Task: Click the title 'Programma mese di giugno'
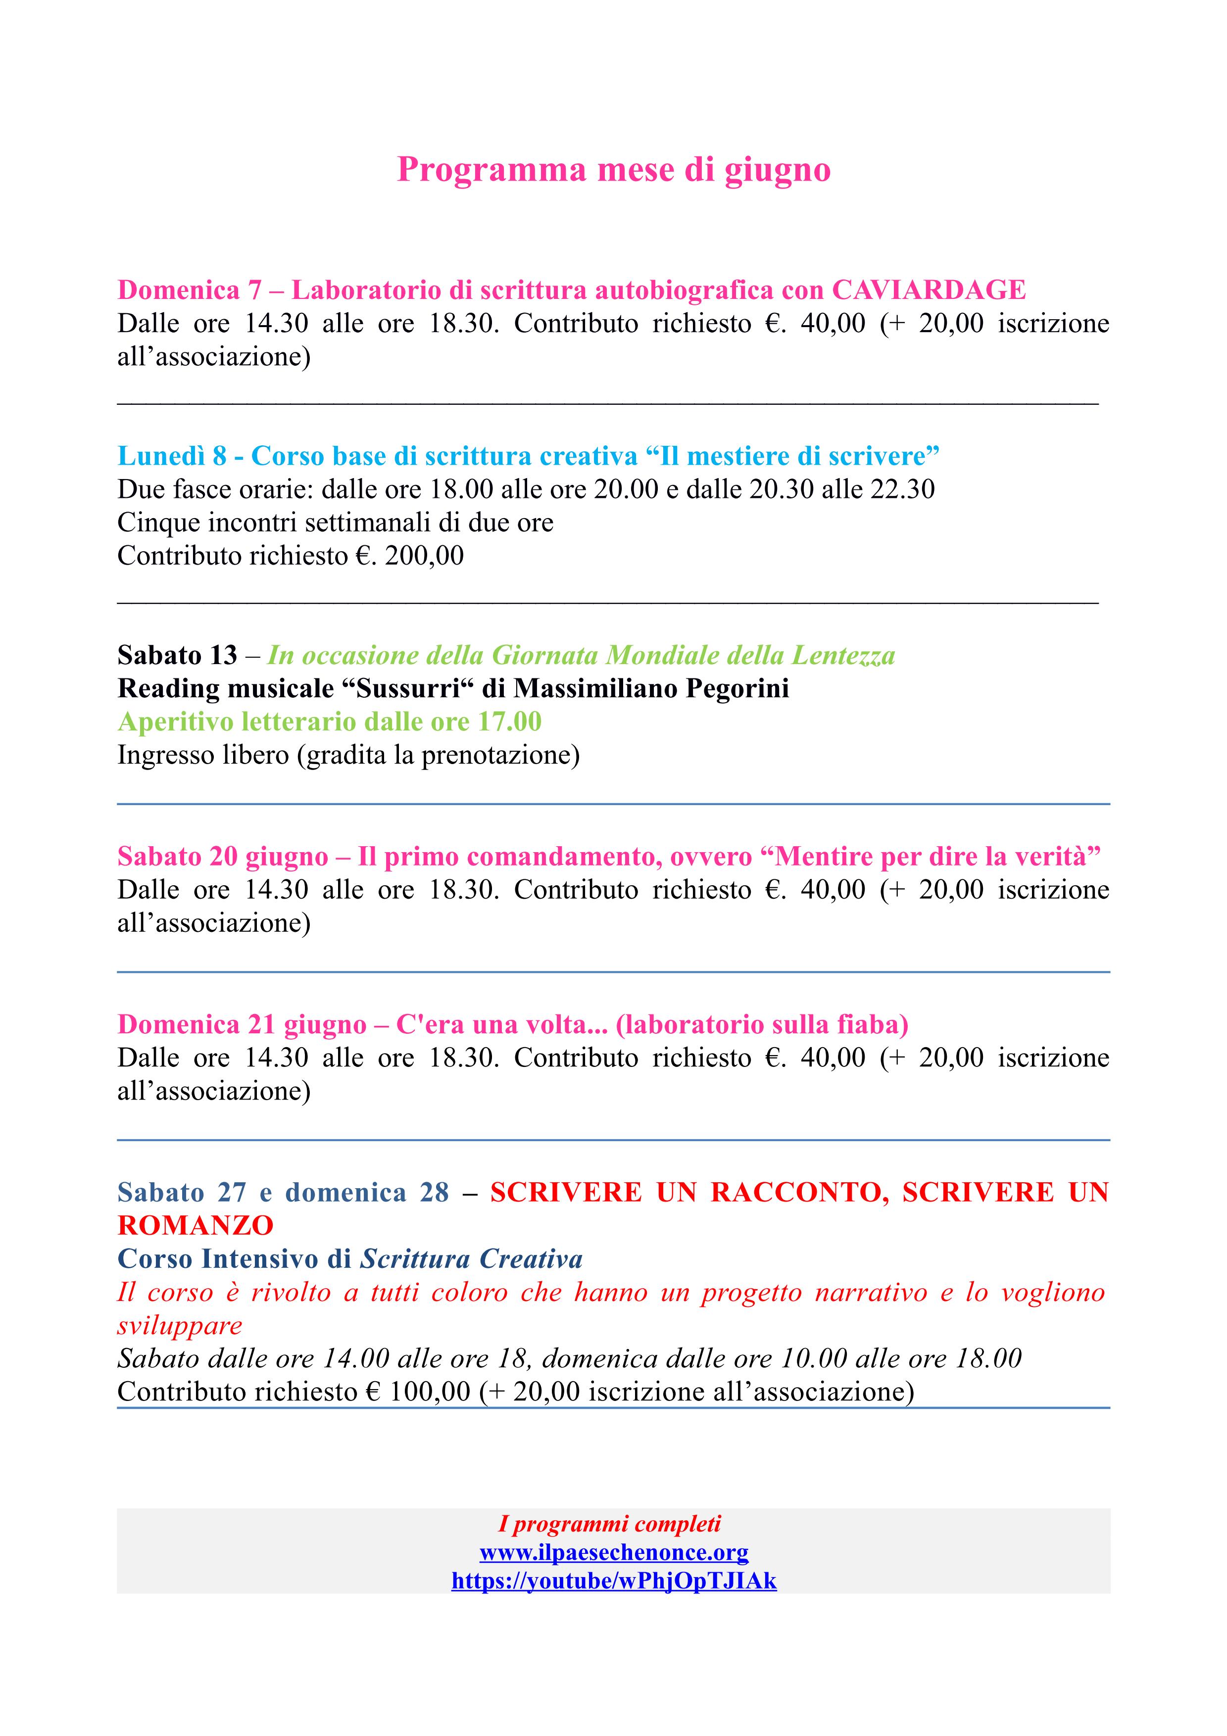(x=613, y=169)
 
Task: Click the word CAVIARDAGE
(x=929, y=289)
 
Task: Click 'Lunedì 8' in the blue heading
(x=172, y=456)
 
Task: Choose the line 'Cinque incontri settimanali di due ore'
(x=335, y=523)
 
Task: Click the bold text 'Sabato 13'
(x=177, y=655)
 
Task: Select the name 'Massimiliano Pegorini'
(x=651, y=688)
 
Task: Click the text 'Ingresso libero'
(x=202, y=755)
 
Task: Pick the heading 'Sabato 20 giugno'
(x=222, y=856)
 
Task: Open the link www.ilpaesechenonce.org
(x=613, y=1553)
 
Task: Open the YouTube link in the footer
(x=613, y=1580)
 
